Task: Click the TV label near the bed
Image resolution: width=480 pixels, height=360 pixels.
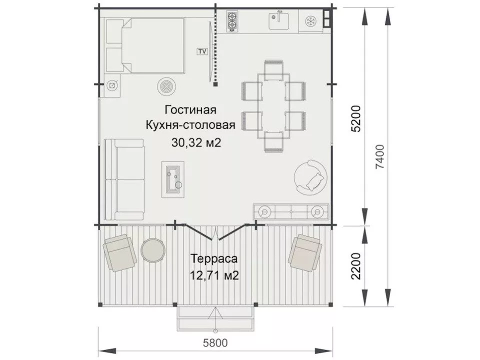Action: point(202,51)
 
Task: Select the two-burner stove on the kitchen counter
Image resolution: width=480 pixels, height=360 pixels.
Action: point(232,22)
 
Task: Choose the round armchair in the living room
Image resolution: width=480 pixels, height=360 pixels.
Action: point(310,176)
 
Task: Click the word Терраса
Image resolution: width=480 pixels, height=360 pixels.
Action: point(213,259)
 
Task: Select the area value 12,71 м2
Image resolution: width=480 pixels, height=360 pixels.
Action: point(213,275)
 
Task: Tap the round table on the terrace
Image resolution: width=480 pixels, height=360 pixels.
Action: point(152,249)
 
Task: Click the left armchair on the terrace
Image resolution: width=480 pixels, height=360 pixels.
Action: point(120,252)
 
